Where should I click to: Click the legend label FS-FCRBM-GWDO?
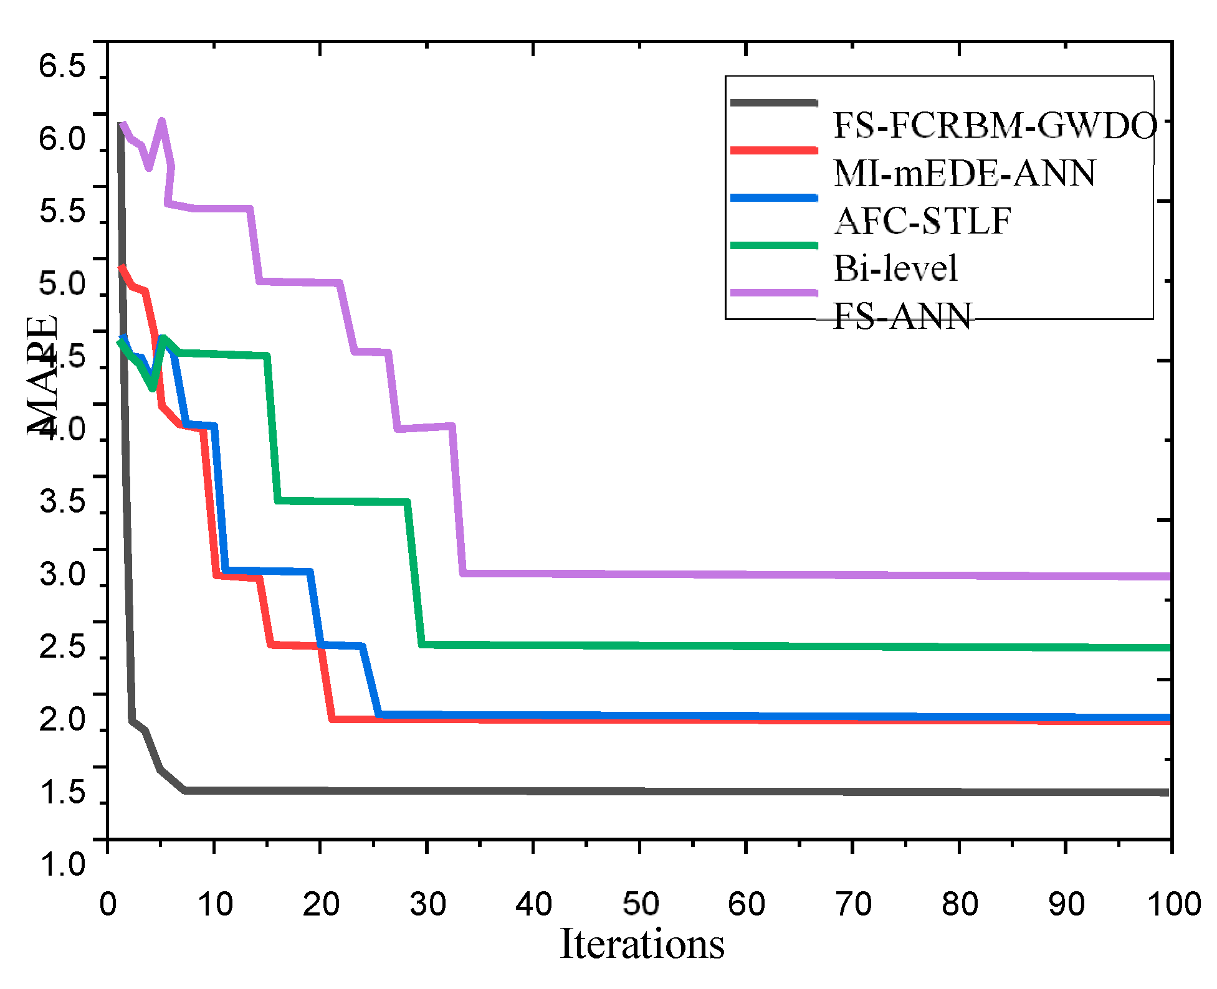click(x=995, y=126)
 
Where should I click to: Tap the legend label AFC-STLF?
click(x=922, y=221)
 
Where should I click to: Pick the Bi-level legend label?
click(x=895, y=268)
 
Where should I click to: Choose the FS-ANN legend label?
click(x=902, y=316)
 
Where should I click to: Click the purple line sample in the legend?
click(x=773, y=293)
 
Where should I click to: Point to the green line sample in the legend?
click(x=773, y=245)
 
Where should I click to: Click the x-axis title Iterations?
click(x=642, y=944)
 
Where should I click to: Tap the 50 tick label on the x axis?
click(x=640, y=904)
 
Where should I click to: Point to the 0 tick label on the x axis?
click(x=108, y=904)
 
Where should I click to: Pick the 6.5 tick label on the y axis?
click(x=62, y=66)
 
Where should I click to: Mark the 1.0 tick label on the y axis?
click(x=62, y=865)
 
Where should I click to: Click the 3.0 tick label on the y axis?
click(x=62, y=574)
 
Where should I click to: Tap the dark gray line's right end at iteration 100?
click(x=1167, y=792)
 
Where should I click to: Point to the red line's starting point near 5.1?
click(x=122, y=267)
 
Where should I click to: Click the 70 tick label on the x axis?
click(x=853, y=904)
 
